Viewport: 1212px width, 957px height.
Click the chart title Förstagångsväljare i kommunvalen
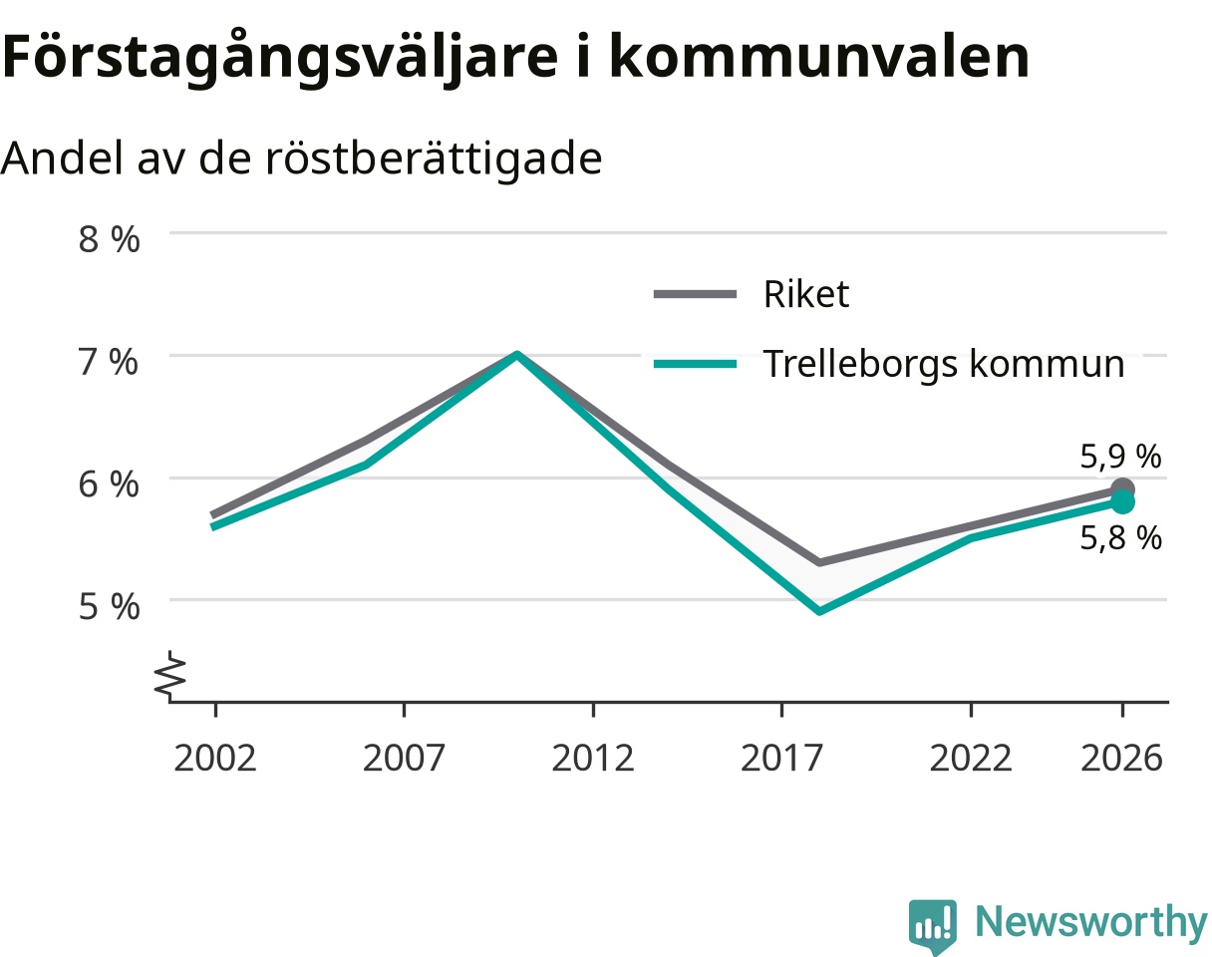pos(515,58)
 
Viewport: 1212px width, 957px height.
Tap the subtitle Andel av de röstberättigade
pos(301,159)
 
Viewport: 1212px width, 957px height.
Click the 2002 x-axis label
pos(215,759)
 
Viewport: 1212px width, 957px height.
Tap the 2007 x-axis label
pos(404,759)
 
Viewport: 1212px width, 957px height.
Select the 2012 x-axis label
pos(593,759)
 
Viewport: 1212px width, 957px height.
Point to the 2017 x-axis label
pos(781,759)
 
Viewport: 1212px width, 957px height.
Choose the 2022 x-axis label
pos(971,759)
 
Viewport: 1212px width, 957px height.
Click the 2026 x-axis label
pos(1122,759)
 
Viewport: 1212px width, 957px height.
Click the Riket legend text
pos(806,294)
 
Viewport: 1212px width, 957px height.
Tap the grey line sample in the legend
pos(695,294)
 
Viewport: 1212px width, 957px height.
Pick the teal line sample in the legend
pos(695,365)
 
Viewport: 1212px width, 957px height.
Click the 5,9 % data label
pos(1120,457)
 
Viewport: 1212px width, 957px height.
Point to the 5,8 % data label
pos(1120,538)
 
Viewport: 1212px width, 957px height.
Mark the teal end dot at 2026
pos(1122,502)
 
